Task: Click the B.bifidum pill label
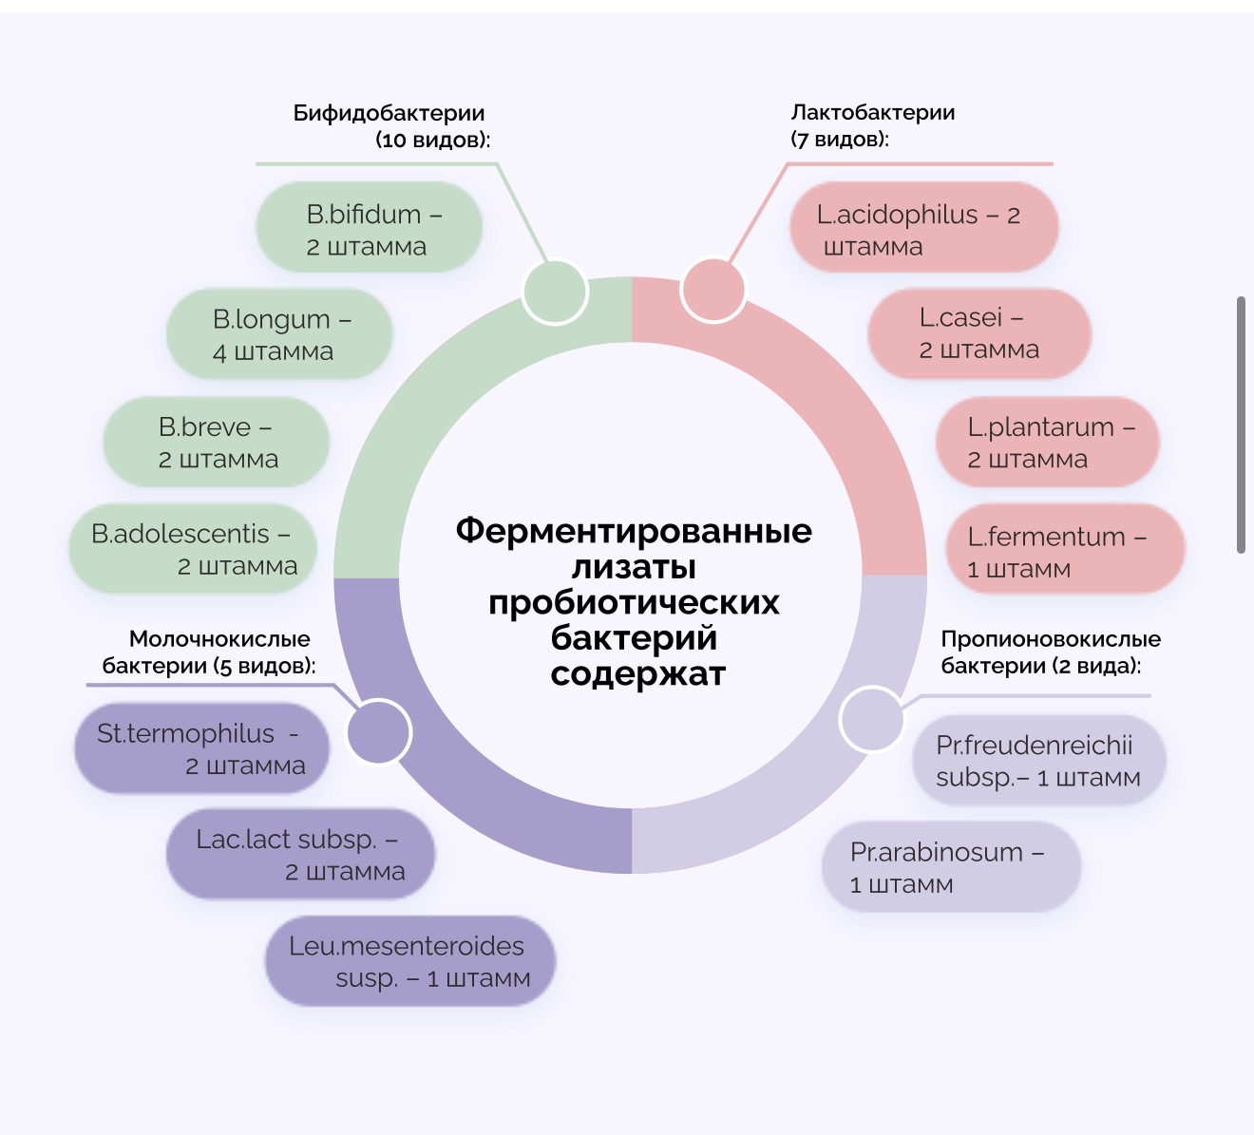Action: [370, 228]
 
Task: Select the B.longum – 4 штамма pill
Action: [279, 334]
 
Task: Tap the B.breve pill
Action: [217, 443]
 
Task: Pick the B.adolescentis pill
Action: [192, 549]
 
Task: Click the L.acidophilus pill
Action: [923, 228]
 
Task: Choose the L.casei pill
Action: [978, 333]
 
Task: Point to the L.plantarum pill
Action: [1048, 442]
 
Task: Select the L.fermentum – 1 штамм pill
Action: [1064, 550]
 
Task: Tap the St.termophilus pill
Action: [201, 748]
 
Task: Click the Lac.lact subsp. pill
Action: [300, 854]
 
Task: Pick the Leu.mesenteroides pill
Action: [409, 961]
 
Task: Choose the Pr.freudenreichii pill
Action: [1037, 761]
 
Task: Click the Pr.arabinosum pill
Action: [951, 867]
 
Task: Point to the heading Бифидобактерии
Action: [389, 113]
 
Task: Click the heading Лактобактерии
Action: [872, 112]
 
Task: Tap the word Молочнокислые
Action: [219, 638]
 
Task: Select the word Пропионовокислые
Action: [1051, 638]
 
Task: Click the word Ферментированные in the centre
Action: [634, 530]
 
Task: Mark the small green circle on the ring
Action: [555, 292]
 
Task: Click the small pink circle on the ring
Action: [713, 290]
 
